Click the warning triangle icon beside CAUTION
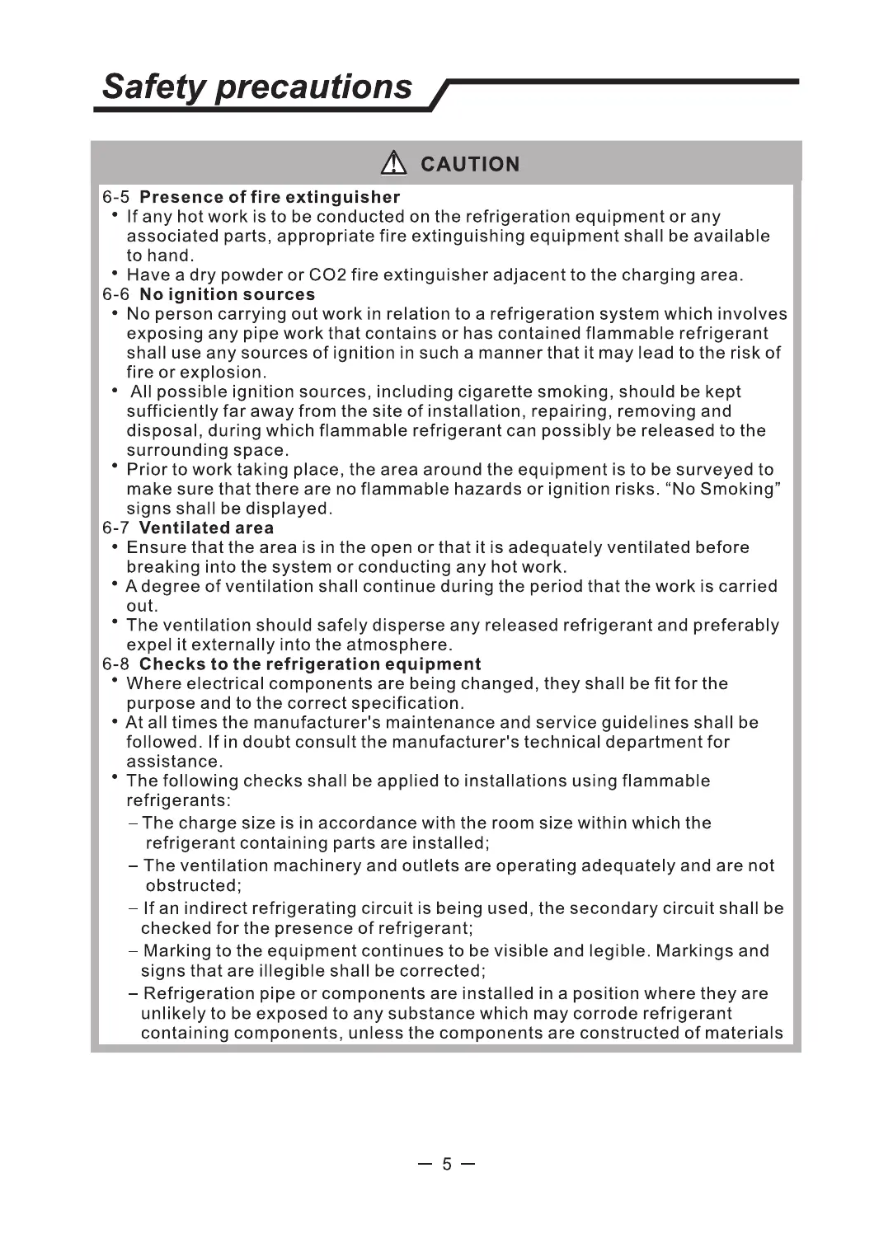pyautogui.click(x=394, y=164)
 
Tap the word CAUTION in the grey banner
pyautogui.click(x=470, y=165)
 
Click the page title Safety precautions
pyautogui.click(x=257, y=87)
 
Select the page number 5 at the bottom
pyautogui.click(x=447, y=1164)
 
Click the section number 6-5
pyautogui.click(x=116, y=197)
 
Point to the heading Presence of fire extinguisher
pyautogui.click(x=270, y=197)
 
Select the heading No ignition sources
pyautogui.click(x=227, y=294)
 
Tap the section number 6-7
pyautogui.click(x=116, y=528)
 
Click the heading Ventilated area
pyautogui.click(x=206, y=528)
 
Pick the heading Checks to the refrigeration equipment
pyautogui.click(x=310, y=664)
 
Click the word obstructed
pyautogui.click(x=192, y=886)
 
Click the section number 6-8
pyautogui.click(x=116, y=664)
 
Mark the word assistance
pyautogui.click(x=173, y=762)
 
